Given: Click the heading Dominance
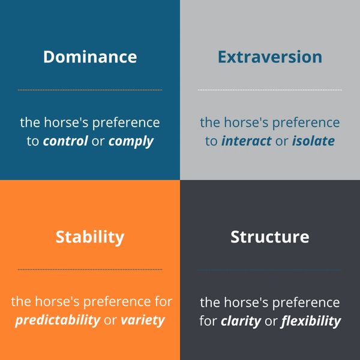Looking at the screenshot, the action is [x=90, y=57].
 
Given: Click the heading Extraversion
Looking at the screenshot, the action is [x=270, y=57].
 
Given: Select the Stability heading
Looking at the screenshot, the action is [x=90, y=238].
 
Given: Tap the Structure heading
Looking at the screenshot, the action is [x=270, y=237].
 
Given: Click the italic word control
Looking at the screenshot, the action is [x=65, y=141].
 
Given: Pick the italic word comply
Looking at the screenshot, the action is [x=131, y=142].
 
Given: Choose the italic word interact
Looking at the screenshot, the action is [x=247, y=141].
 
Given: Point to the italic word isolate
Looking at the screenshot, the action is [x=313, y=141].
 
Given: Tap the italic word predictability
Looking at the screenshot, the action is [x=58, y=320].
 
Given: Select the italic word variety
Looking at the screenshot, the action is [x=143, y=320].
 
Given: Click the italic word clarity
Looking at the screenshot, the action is [x=241, y=321].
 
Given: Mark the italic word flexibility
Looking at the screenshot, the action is [x=311, y=321].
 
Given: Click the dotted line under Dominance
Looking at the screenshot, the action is [x=90, y=90].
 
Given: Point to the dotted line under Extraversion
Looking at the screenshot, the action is [x=270, y=90].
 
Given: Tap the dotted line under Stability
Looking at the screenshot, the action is [x=90, y=269].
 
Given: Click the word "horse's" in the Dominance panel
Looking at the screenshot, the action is [x=66, y=122].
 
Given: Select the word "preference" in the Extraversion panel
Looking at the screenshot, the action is [x=306, y=123].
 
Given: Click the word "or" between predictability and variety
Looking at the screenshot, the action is [x=110, y=321].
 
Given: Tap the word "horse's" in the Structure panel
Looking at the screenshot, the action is [x=246, y=302].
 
